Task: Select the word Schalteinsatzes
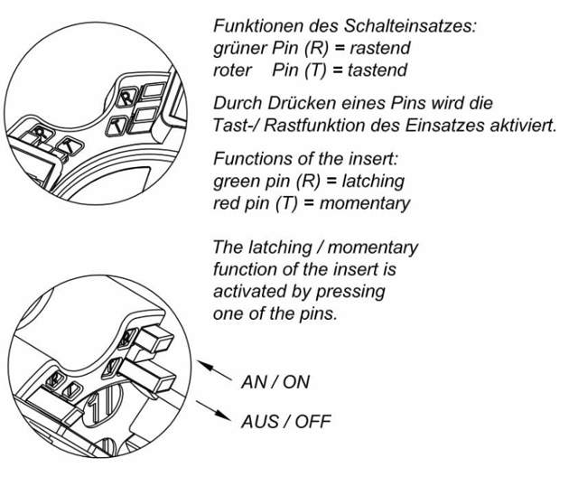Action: coord(410,26)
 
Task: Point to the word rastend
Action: coord(380,48)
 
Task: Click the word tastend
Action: coord(378,70)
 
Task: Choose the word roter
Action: coord(232,70)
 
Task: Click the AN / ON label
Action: coord(275,382)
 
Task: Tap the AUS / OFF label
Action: coord(286,422)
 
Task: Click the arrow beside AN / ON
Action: coord(215,370)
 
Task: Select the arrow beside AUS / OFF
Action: coord(213,410)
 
